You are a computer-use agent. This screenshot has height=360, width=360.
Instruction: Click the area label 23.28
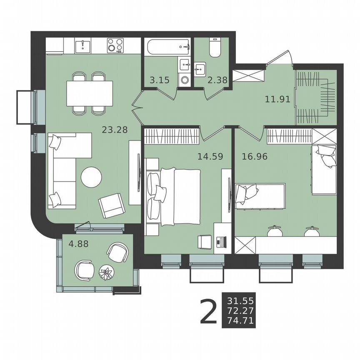coord(115,130)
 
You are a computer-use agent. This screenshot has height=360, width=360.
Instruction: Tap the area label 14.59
coord(210,157)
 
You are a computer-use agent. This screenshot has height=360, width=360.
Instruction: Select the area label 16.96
coord(254,157)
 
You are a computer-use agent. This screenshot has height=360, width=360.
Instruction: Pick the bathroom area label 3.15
coord(160,80)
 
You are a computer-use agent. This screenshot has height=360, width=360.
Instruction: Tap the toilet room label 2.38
coord(217,80)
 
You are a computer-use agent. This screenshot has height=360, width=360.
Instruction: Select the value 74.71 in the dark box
coord(241,320)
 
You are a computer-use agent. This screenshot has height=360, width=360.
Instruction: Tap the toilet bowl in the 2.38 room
coord(215,48)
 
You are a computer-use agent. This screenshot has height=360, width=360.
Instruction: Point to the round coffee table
coord(91,177)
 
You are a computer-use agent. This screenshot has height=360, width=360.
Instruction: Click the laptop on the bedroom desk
coord(221,241)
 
